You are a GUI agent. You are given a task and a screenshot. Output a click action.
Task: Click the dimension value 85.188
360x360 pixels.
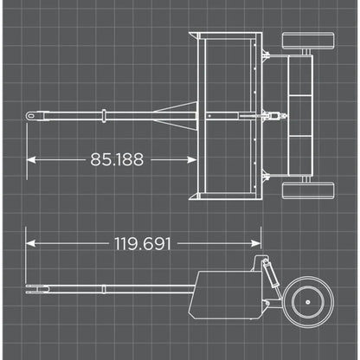(117, 159)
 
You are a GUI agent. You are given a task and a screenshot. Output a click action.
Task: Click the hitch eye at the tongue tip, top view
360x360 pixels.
(31, 115)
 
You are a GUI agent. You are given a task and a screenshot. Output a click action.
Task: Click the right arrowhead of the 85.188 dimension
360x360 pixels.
(191, 159)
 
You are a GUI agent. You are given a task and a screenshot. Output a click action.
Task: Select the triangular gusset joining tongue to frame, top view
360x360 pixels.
(178, 115)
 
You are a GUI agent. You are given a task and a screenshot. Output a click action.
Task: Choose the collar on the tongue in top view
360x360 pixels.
(104, 115)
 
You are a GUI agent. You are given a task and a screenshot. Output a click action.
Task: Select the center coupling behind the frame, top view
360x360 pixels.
(270, 115)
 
